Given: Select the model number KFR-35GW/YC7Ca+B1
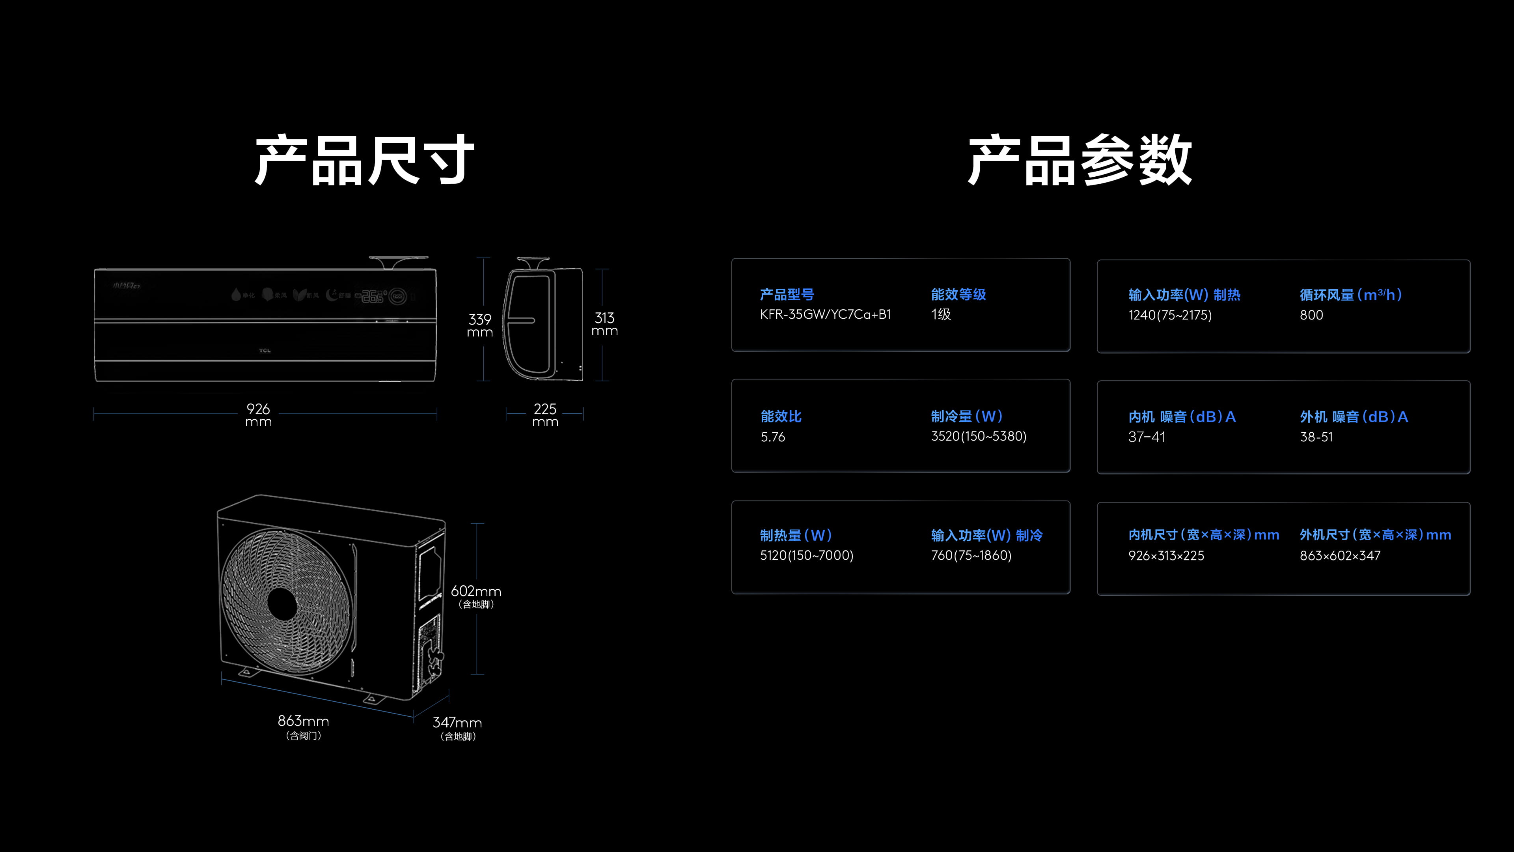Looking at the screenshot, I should tap(825, 315).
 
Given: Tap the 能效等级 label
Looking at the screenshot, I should tap(958, 295).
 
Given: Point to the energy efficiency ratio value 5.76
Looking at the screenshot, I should tap(773, 437).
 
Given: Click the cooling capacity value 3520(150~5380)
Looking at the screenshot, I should tap(979, 436).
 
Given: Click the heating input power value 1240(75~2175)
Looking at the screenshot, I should tap(1169, 315).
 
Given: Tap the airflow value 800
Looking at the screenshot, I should tap(1311, 315).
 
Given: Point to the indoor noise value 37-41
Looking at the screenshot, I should tap(1146, 437).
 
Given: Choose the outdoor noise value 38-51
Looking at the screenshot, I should tap(1316, 437).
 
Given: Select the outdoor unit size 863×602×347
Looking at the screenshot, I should tap(1340, 556).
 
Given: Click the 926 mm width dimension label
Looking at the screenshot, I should tap(258, 415).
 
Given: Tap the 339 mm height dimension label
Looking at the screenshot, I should tap(479, 325).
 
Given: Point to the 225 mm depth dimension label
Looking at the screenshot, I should tap(545, 415).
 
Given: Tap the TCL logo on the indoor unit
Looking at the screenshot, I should tap(265, 350).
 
